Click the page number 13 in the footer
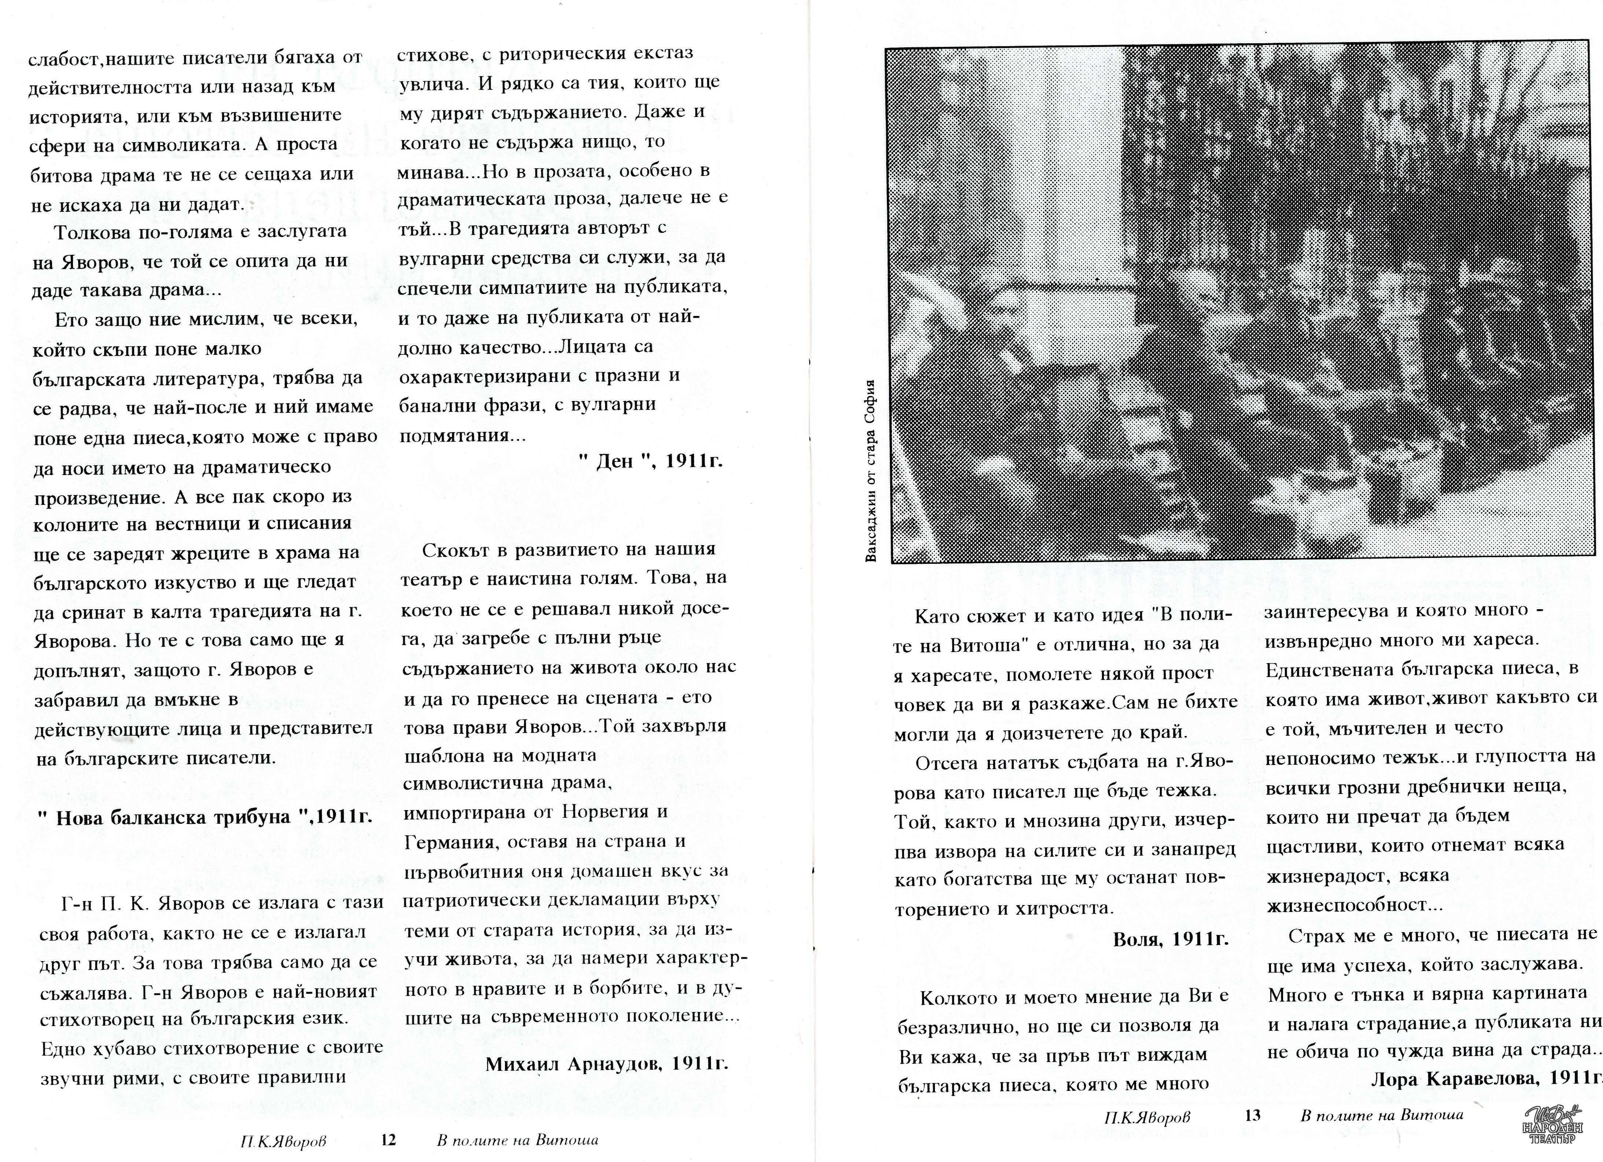pyautogui.click(x=1252, y=1115)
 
